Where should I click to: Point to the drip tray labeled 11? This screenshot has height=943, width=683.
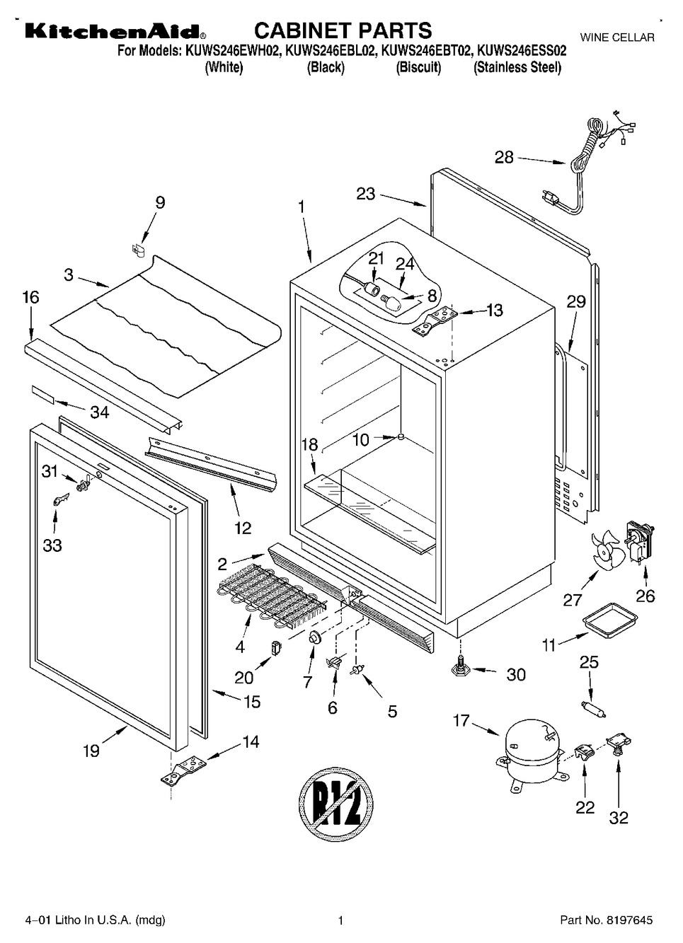click(607, 622)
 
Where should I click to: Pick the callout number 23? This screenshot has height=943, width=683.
click(365, 193)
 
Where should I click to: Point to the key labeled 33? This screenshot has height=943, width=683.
click(57, 500)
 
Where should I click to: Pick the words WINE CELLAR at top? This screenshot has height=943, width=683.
click(617, 37)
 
